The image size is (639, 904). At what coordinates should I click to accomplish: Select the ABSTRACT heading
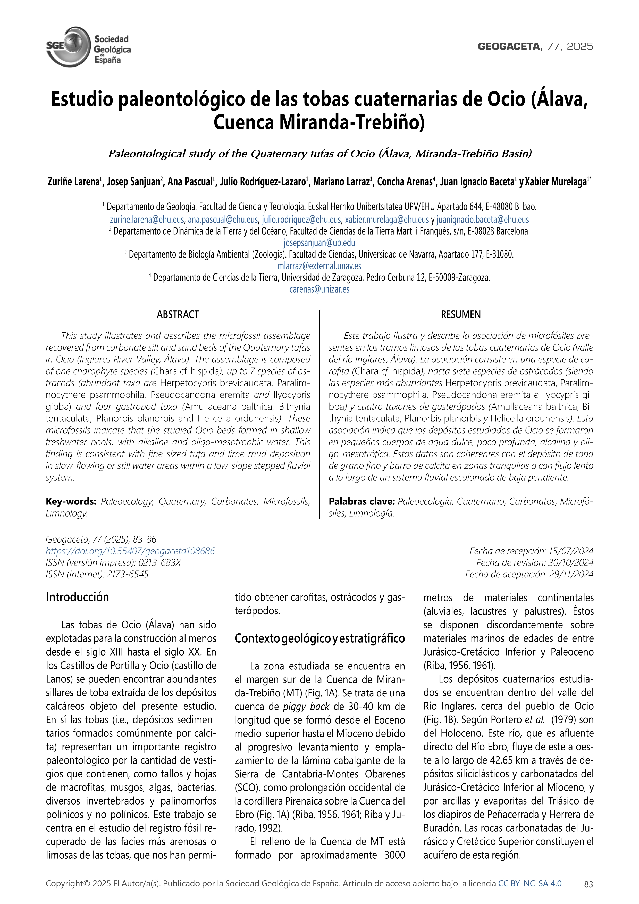[178, 314]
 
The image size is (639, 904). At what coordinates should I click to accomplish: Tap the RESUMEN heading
[461, 314]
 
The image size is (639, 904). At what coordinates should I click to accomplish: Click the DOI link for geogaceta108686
[130, 551]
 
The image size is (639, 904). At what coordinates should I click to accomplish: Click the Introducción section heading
[78, 597]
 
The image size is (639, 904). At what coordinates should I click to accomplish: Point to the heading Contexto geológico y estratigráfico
[320, 638]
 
